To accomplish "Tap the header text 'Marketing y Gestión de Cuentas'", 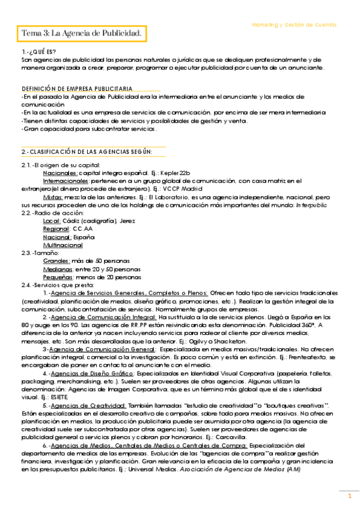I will tap(295, 25).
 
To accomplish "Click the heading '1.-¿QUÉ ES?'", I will tap(38, 52).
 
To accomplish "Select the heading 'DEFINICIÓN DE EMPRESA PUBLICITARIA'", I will tap(77, 88).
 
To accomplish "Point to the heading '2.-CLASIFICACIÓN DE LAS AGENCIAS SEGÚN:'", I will tap(86, 150).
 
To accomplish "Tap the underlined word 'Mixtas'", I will tap(56, 197).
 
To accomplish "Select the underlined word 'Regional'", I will tap(56, 229).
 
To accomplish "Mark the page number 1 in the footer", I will tap(349, 496).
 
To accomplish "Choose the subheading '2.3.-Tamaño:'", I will tap(38, 253).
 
